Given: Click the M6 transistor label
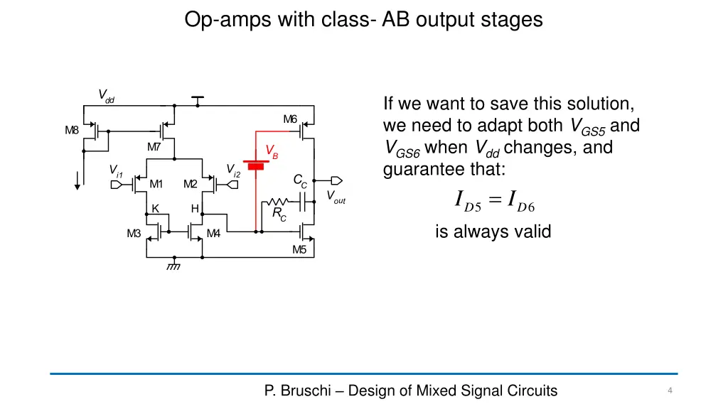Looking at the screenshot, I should pyautogui.click(x=290, y=119).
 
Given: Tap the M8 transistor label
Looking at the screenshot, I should pyautogui.click(x=72, y=130).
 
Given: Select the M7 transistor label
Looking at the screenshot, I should pyautogui.click(x=154, y=147).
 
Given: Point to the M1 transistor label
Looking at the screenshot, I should pyautogui.click(x=156, y=185).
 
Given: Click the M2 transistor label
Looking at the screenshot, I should pyautogui.click(x=190, y=185).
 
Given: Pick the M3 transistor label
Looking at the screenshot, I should pyautogui.click(x=134, y=233).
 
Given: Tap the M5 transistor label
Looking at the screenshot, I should pyautogui.click(x=299, y=249).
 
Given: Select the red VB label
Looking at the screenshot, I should pyautogui.click(x=272, y=151).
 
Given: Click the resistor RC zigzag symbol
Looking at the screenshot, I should pyautogui.click(x=277, y=202).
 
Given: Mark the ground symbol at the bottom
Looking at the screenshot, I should pyautogui.click(x=173, y=266).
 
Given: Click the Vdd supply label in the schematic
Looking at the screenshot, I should pyautogui.click(x=106, y=96).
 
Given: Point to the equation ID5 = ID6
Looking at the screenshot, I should pyautogui.click(x=494, y=202).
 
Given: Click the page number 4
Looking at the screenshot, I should pyautogui.click(x=670, y=391).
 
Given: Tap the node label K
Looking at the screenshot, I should pyautogui.click(x=155, y=208).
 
